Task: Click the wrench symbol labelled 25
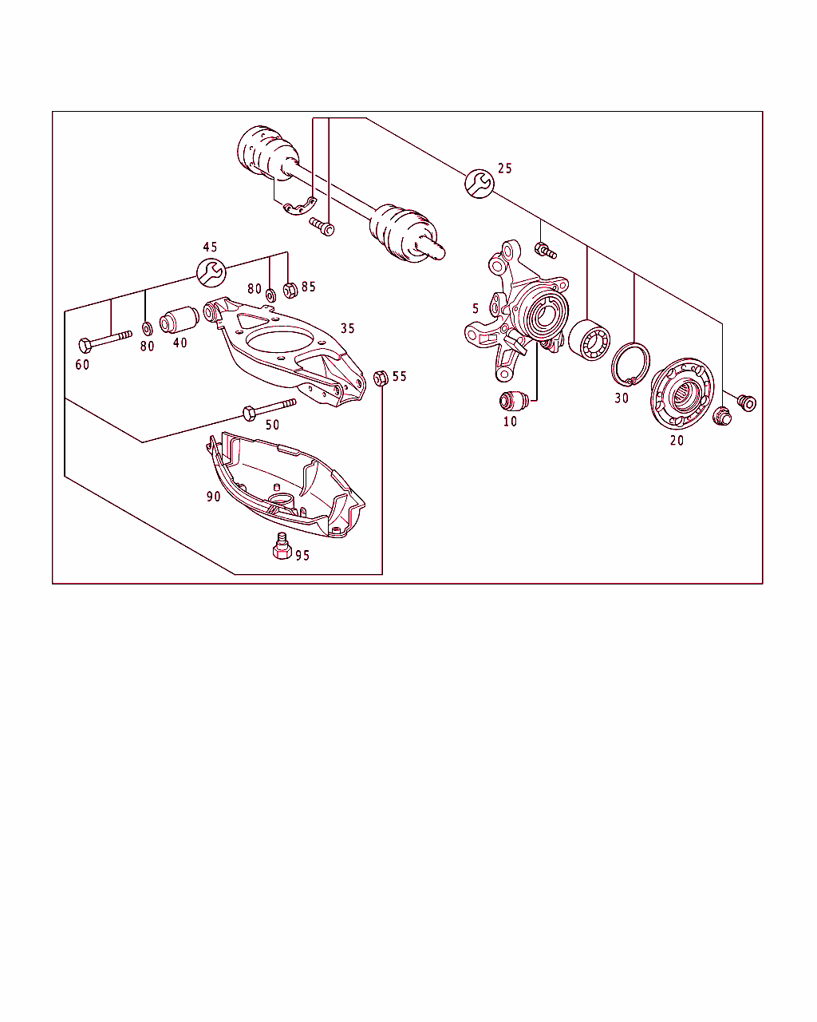click(479, 184)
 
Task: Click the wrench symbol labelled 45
click(211, 272)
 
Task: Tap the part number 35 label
click(348, 328)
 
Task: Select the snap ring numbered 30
click(631, 364)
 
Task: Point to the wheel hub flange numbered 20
click(682, 394)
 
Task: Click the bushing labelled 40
click(179, 319)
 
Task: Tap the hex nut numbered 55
click(381, 378)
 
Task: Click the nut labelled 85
click(290, 290)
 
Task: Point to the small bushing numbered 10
click(514, 402)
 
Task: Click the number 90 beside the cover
click(213, 497)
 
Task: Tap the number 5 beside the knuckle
click(476, 309)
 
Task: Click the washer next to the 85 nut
click(270, 295)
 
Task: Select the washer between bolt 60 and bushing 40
click(148, 328)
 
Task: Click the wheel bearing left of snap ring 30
click(589, 340)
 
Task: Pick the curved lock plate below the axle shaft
click(299, 206)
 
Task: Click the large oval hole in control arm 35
click(280, 342)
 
